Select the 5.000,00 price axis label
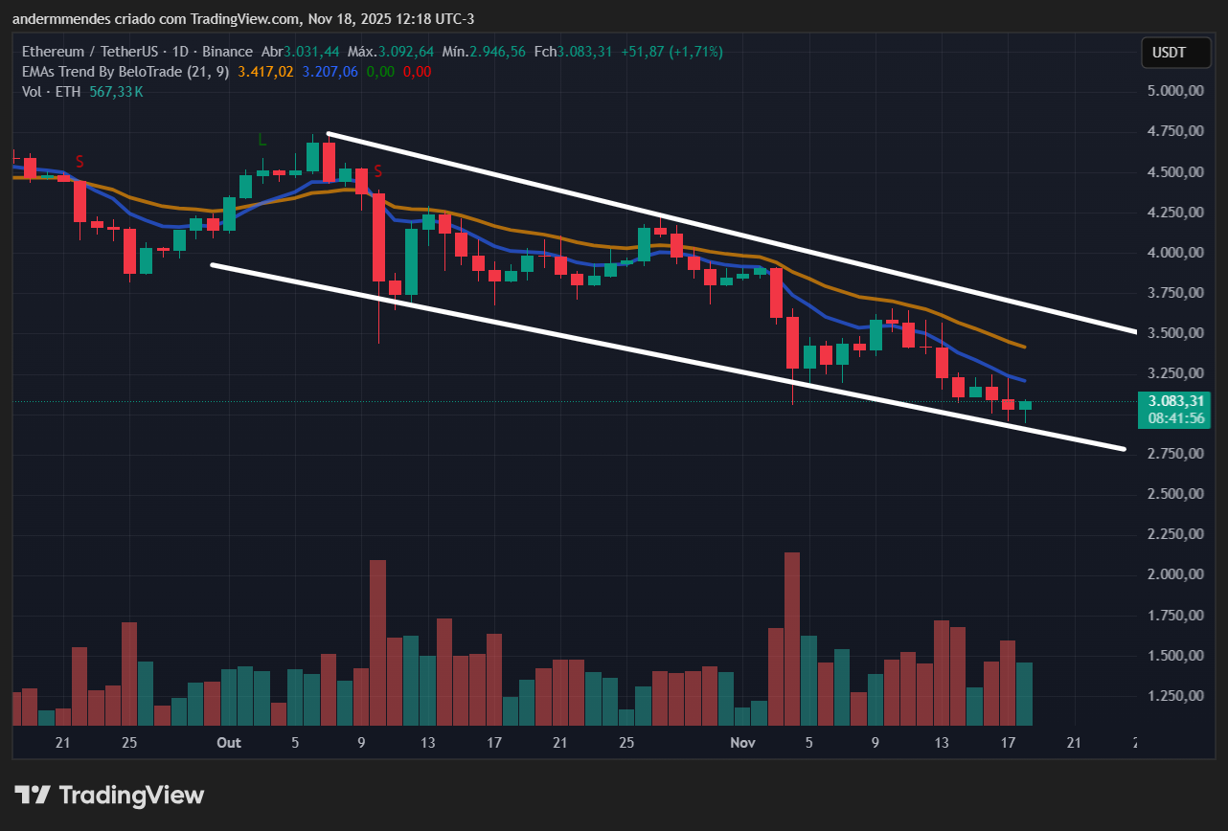(x=1174, y=91)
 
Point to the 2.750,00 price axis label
(x=1174, y=453)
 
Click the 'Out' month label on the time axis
(x=229, y=743)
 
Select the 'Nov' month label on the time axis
(x=742, y=743)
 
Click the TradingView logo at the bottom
(x=110, y=795)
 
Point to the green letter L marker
(x=262, y=140)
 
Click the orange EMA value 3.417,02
(x=265, y=72)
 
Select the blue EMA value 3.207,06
(x=330, y=72)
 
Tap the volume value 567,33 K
(x=116, y=92)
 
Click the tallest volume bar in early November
(x=791, y=639)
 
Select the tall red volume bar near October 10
(x=377, y=641)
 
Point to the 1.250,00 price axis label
(x=1174, y=696)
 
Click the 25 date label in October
(x=626, y=743)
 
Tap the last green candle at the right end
(x=1024, y=406)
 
